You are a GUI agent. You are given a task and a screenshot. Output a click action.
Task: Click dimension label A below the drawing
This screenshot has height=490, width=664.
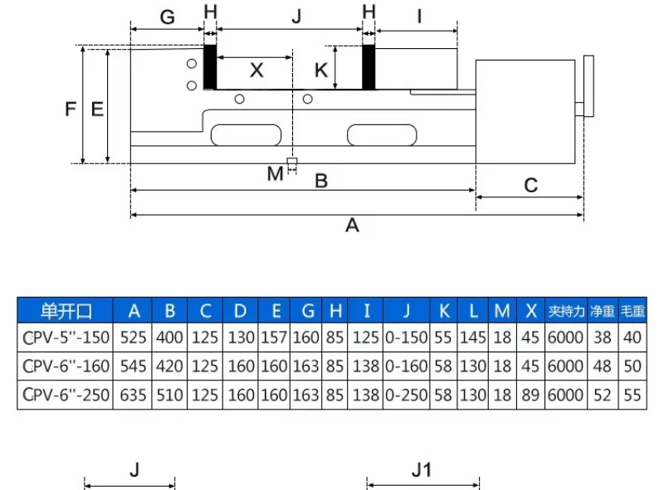click(352, 226)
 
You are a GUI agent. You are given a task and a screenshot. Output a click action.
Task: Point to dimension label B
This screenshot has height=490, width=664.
click(321, 180)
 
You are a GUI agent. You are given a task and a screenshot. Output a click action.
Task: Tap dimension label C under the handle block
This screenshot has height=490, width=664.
click(531, 185)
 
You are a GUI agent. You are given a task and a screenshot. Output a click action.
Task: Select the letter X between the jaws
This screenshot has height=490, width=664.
click(256, 70)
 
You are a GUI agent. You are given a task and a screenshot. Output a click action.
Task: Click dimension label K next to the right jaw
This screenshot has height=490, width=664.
click(321, 70)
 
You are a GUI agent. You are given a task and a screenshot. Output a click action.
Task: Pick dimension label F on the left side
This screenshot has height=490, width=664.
click(71, 108)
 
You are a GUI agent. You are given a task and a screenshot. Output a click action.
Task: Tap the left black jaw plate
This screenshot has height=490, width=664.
click(210, 67)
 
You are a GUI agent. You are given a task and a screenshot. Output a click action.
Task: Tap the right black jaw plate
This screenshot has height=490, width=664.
click(369, 67)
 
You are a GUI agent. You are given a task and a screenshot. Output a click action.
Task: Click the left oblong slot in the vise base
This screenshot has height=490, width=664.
click(247, 134)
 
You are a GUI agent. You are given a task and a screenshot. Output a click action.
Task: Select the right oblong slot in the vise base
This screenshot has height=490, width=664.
click(382, 134)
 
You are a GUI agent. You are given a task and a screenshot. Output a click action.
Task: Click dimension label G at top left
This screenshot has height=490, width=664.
click(167, 17)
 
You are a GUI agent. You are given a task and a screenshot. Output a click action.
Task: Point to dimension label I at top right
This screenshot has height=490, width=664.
click(419, 16)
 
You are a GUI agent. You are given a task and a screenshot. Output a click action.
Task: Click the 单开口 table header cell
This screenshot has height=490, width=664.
click(65, 311)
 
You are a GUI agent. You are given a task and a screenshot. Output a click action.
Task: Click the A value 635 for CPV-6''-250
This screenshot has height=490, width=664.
click(134, 395)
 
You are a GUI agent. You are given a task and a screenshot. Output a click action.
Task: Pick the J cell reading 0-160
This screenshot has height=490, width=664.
click(406, 366)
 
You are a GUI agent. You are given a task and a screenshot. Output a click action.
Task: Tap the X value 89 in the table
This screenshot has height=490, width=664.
click(531, 395)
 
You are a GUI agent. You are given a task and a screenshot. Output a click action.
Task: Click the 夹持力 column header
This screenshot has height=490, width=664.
click(566, 311)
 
